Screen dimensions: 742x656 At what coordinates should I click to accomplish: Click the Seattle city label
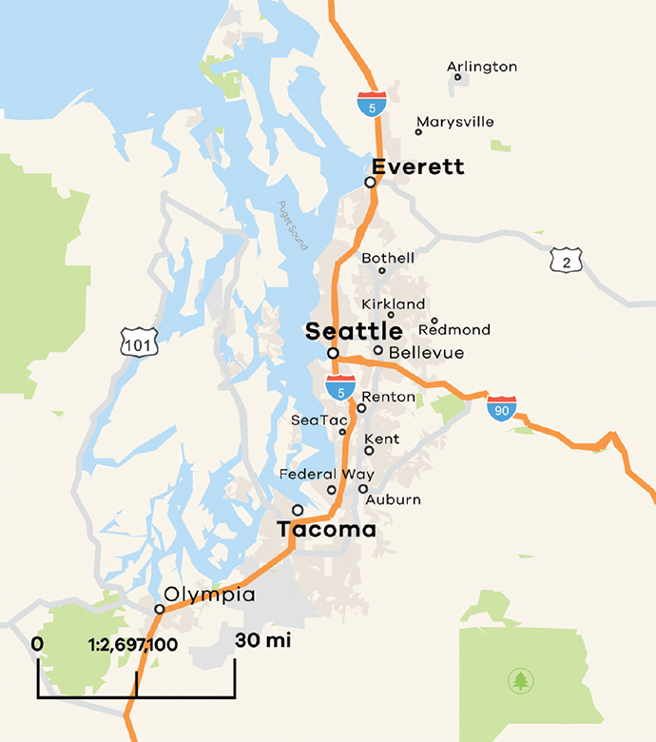pyautogui.click(x=353, y=332)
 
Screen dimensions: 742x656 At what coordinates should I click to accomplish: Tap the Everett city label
pyautogui.click(x=418, y=167)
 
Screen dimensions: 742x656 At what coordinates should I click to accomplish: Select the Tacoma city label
pyautogui.click(x=326, y=530)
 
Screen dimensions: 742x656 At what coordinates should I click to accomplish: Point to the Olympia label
pyautogui.click(x=210, y=595)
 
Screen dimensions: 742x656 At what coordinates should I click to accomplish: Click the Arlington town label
pyautogui.click(x=482, y=67)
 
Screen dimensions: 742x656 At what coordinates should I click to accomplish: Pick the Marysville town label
pyautogui.click(x=454, y=122)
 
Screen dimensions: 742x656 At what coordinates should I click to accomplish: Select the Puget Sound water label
pyautogui.click(x=293, y=225)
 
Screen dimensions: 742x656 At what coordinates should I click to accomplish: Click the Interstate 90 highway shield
pyautogui.click(x=502, y=407)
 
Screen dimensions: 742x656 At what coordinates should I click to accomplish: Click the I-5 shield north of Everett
pyautogui.click(x=372, y=103)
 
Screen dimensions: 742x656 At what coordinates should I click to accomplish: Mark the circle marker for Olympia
pyautogui.click(x=160, y=610)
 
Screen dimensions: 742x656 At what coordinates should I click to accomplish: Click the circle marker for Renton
pyautogui.click(x=361, y=408)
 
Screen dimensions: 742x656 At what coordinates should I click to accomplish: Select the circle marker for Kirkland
pyautogui.click(x=390, y=315)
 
